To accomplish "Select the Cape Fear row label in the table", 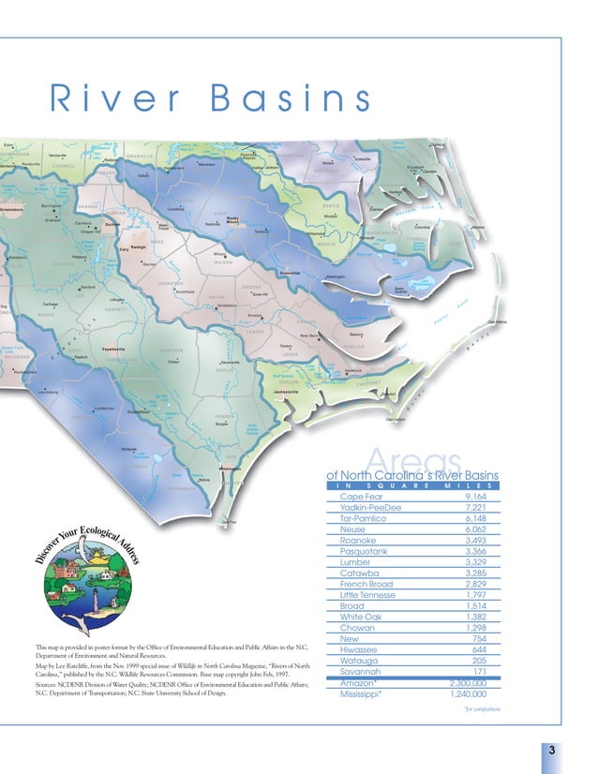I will tap(366, 497).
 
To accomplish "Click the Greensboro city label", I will tap(13, 210).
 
